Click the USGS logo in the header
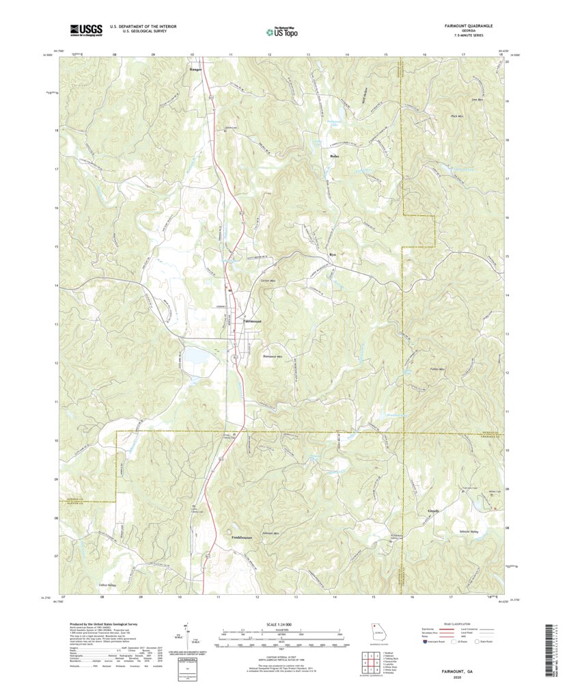pyautogui.click(x=85, y=29)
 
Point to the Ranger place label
pyautogui.click(x=196, y=69)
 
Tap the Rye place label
pyautogui.click(x=333, y=255)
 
